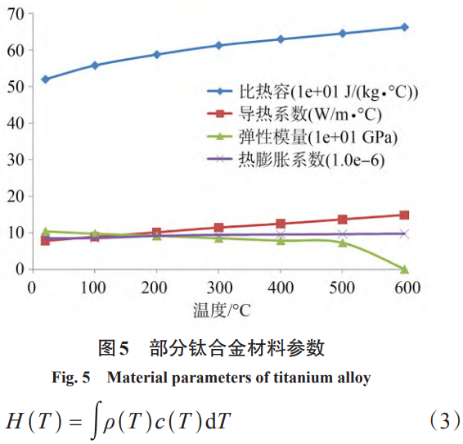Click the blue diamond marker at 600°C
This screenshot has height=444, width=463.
[404, 27]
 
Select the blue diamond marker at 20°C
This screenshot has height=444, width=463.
[45, 79]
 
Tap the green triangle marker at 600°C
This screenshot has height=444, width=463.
[404, 269]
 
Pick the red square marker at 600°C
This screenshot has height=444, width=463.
[404, 215]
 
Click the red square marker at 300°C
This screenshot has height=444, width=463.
[218, 228]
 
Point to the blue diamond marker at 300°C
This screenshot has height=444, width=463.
[218, 45]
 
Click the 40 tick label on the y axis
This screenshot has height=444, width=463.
[16, 123]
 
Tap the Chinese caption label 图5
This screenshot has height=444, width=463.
[114, 348]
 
